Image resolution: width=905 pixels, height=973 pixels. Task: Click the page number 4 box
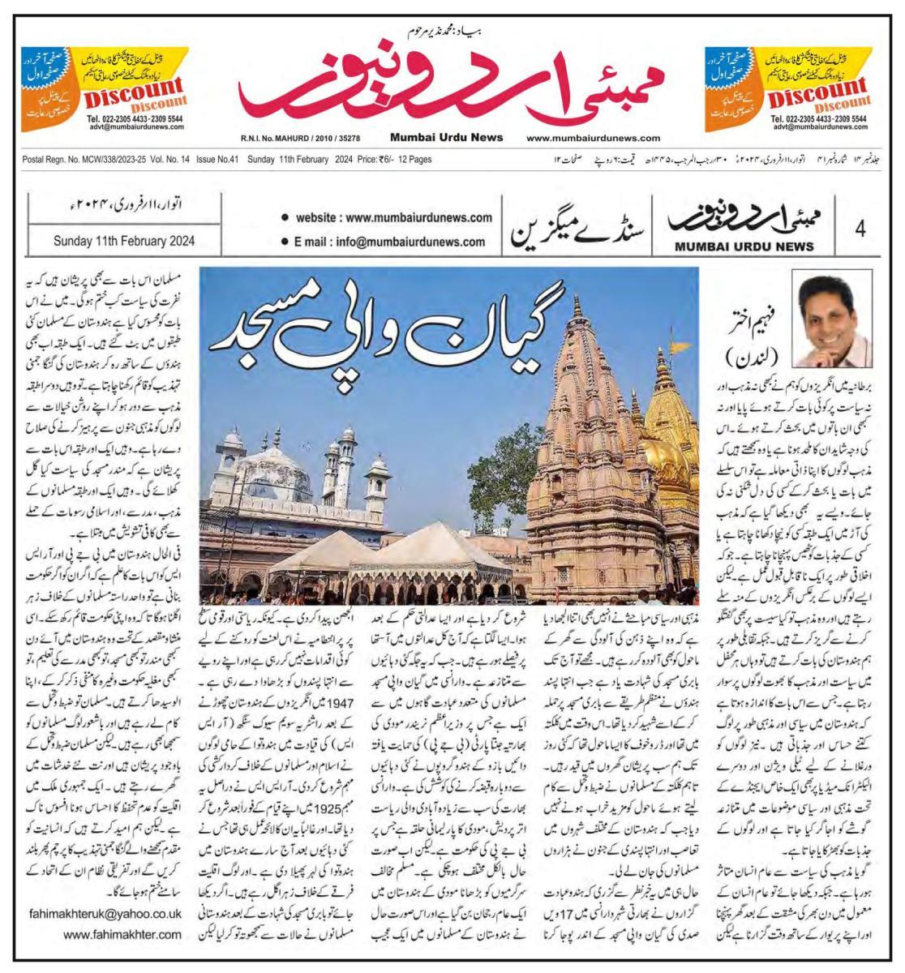(860, 229)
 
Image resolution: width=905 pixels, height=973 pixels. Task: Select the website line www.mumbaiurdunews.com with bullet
(388, 217)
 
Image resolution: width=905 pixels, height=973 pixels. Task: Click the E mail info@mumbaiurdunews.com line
(383, 242)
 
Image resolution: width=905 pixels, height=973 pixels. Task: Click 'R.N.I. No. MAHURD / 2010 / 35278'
(301, 138)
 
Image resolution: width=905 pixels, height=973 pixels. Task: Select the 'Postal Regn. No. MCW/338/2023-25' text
(67, 160)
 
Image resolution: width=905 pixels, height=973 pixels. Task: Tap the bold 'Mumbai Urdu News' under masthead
(446, 138)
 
